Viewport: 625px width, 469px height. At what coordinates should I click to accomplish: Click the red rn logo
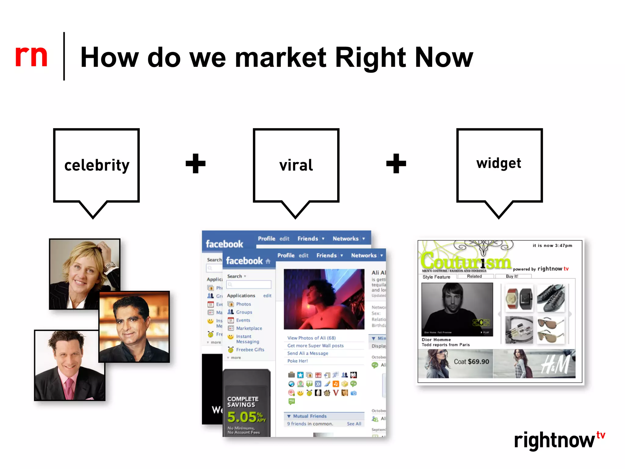point(31,56)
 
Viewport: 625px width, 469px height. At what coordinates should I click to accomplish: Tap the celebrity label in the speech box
point(97,165)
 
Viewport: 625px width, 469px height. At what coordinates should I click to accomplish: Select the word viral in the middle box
point(296,165)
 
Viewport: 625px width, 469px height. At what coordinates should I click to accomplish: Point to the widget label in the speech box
point(499,163)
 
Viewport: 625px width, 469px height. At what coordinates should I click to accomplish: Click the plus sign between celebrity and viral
point(196,163)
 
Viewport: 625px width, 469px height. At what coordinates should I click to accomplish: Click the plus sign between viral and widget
point(396,163)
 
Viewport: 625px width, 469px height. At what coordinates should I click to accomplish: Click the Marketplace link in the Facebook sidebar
point(249,328)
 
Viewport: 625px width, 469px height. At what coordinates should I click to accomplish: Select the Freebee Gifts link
point(250,350)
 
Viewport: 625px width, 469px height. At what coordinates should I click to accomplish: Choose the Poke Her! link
point(298,361)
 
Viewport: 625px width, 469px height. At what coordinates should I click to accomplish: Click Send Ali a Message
point(308,353)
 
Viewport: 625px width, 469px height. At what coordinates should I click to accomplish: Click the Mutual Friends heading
point(309,416)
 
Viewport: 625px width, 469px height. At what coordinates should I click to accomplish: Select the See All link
point(354,424)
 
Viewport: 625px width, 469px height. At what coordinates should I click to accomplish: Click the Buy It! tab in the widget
point(512,276)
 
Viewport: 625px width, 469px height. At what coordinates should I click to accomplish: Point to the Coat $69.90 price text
point(471,362)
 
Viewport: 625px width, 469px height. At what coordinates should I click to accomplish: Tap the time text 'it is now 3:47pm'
point(552,245)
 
